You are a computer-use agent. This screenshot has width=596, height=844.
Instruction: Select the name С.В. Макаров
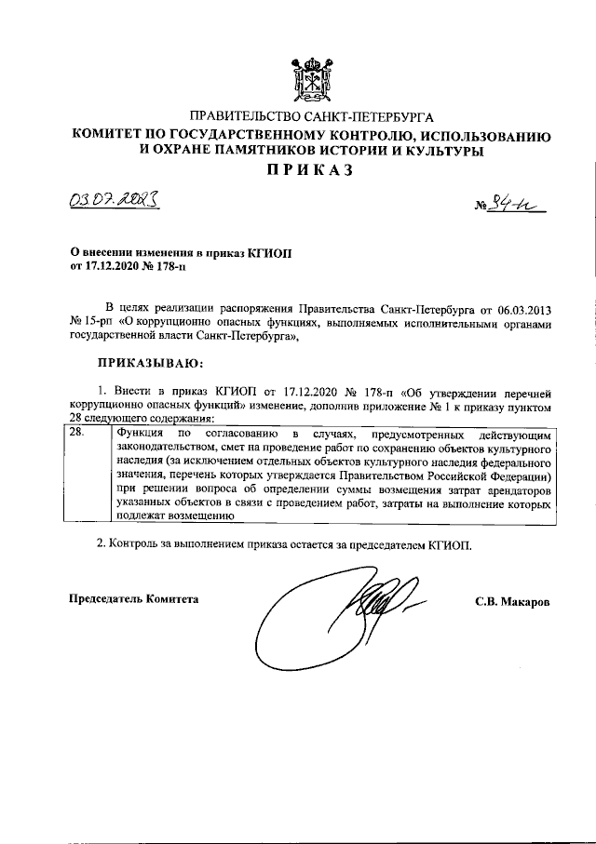[512, 601]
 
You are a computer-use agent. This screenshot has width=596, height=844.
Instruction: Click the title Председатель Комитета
[136, 600]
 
